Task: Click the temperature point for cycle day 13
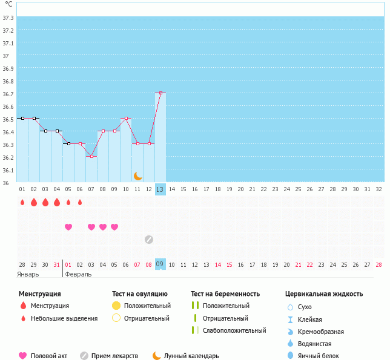point(160,93)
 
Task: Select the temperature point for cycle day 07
point(91,156)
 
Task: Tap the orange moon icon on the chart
point(137,175)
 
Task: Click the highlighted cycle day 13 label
point(160,189)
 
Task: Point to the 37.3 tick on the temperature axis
point(8,18)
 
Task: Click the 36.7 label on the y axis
point(8,94)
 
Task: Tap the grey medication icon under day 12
point(149,239)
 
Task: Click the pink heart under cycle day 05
point(68,227)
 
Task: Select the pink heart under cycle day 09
point(114,227)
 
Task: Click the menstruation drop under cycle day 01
point(22,202)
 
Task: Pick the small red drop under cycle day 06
point(80,202)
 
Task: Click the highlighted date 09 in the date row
point(160,264)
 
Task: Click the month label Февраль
point(78,274)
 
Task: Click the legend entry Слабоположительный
point(234,330)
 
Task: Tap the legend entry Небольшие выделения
point(64,318)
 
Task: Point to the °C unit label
point(8,4)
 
